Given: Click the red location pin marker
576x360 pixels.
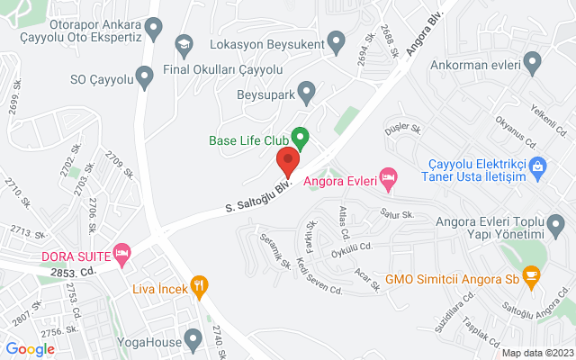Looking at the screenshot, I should click(x=287, y=163).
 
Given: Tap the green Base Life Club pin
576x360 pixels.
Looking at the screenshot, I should click(x=301, y=139).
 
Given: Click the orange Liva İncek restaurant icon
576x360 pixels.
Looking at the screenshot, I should click(x=201, y=287).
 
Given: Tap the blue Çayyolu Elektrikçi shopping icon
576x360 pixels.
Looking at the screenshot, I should click(x=537, y=165).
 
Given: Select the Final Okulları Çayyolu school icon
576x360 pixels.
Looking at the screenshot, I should click(x=184, y=44).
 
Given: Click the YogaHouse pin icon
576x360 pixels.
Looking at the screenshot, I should click(x=193, y=340).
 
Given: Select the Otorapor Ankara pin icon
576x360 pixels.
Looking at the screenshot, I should click(x=155, y=29).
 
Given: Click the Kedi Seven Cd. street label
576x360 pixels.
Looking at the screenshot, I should click(x=319, y=277).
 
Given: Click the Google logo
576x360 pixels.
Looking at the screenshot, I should click(x=30, y=349).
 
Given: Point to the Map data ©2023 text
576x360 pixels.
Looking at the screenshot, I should click(x=536, y=353).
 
